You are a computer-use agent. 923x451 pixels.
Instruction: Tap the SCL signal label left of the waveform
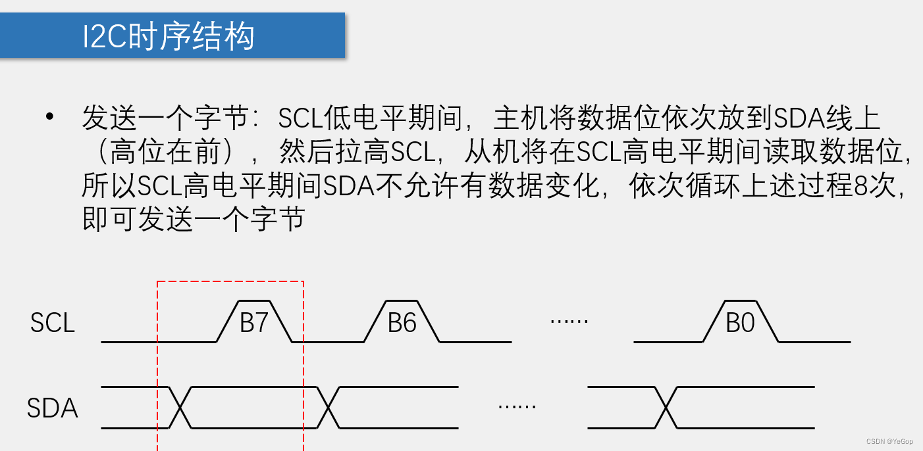[53, 323]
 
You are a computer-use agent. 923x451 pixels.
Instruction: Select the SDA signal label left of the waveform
[53, 408]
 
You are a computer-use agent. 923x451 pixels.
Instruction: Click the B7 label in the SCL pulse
[254, 323]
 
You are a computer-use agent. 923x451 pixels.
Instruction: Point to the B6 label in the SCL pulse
[402, 323]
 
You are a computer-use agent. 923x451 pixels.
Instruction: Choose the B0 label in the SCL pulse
[740, 323]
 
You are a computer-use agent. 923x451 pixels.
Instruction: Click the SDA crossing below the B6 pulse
[328, 408]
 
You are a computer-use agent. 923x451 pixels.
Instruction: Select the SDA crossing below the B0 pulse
[667, 408]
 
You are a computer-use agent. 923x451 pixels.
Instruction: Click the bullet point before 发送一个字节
[49, 117]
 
